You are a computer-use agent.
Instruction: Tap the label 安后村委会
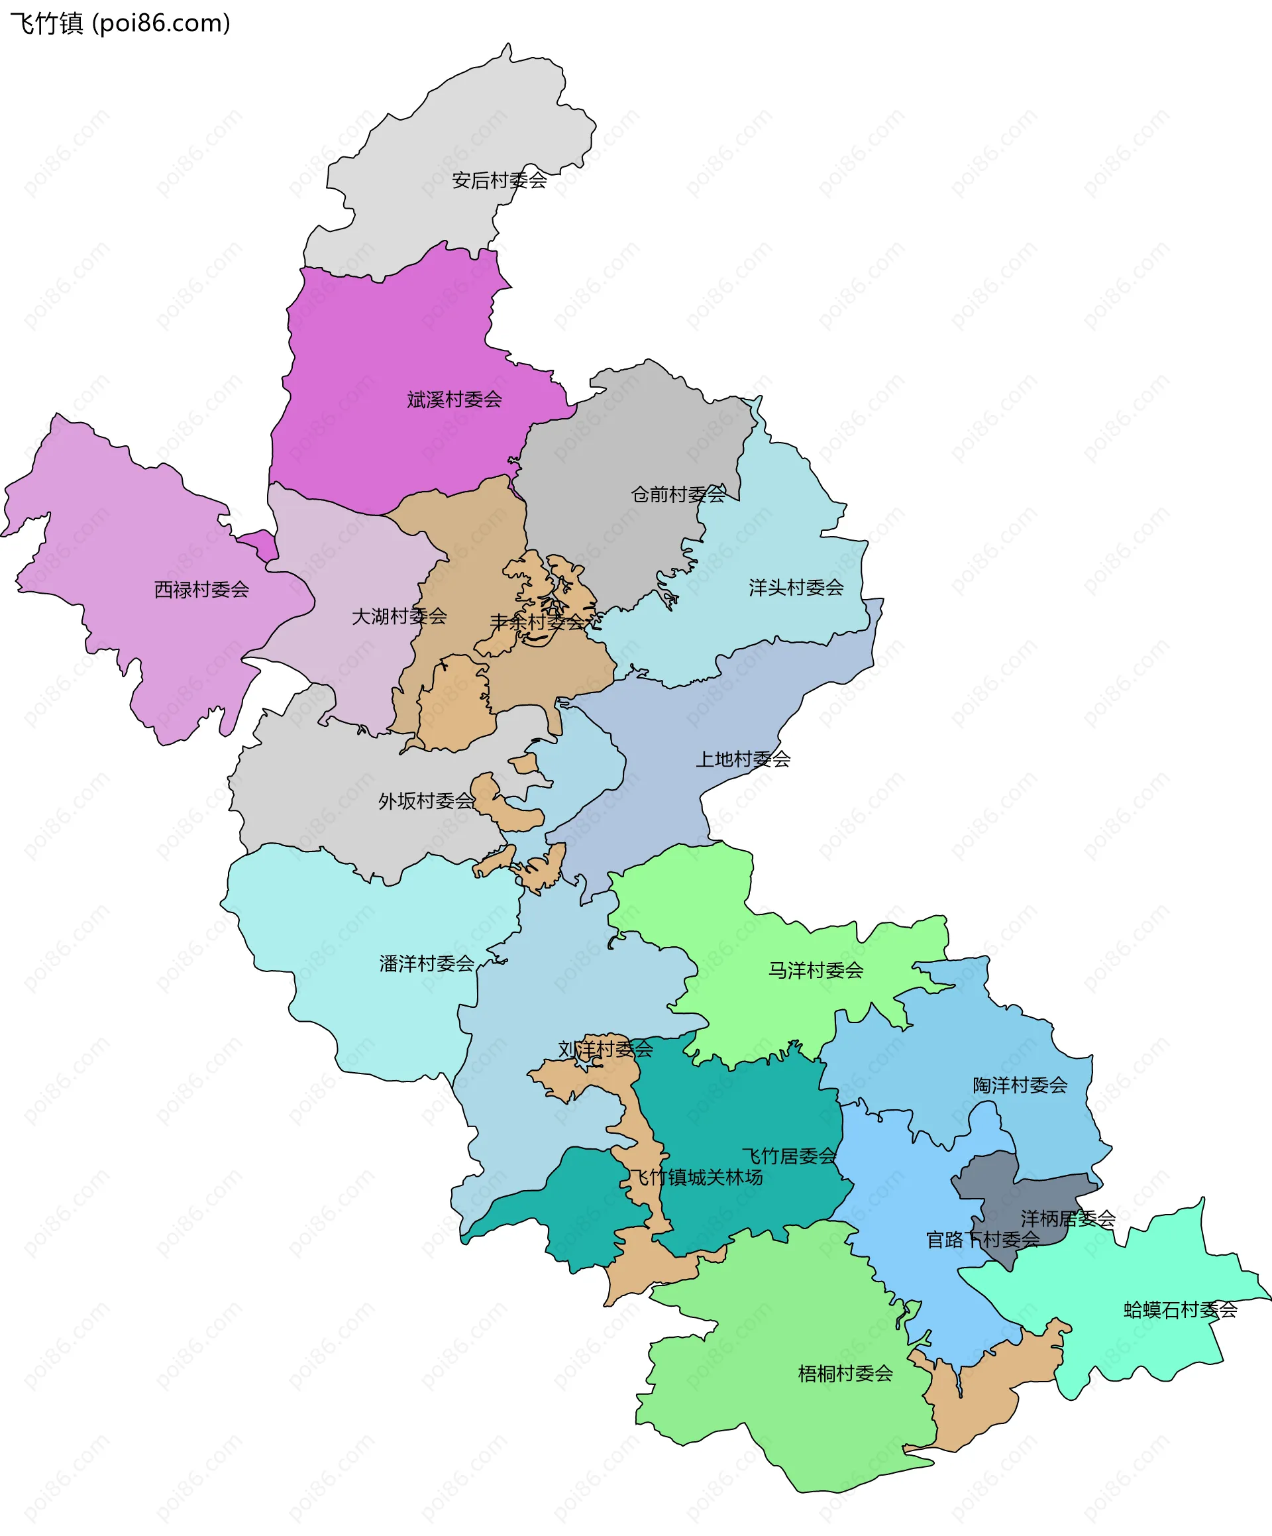point(499,180)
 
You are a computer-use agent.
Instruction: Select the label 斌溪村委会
point(454,400)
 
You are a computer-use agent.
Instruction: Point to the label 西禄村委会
point(201,590)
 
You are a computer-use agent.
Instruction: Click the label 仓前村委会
point(678,494)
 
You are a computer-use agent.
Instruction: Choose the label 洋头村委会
point(796,587)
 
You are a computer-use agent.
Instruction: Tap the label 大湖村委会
point(399,617)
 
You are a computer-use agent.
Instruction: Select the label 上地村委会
point(743,759)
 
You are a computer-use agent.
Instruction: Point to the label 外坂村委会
point(426,802)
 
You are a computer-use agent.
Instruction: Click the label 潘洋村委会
point(427,964)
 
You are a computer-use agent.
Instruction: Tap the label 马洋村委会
point(816,971)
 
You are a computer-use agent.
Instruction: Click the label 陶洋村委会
point(1020,1085)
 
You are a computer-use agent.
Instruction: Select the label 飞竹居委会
point(788,1156)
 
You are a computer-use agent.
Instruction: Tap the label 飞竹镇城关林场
point(696,1178)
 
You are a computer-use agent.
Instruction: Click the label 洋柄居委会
point(1068,1219)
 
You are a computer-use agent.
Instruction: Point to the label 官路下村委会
point(982,1240)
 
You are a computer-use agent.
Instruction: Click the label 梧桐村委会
point(845,1374)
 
